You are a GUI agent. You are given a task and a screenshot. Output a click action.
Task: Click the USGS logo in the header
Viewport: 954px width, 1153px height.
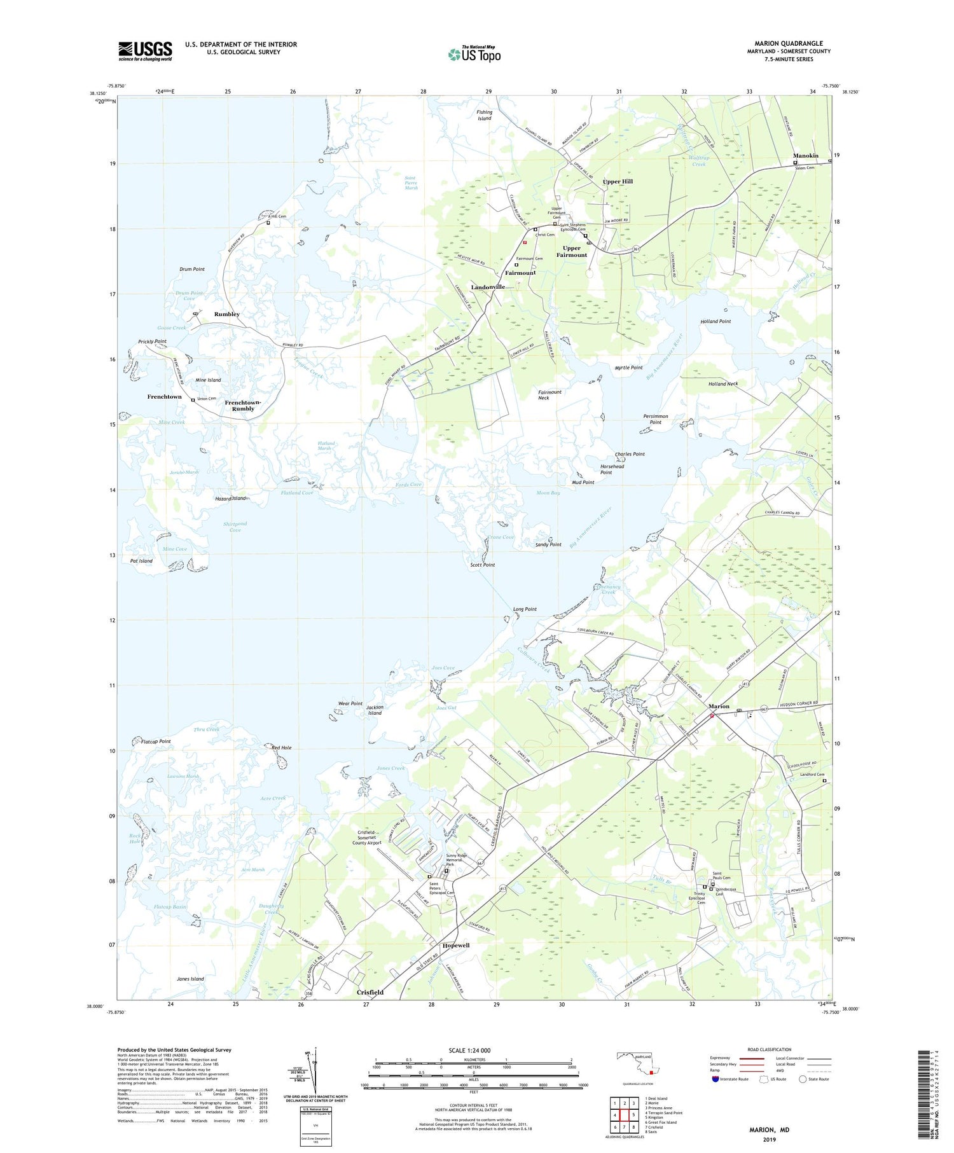point(145,51)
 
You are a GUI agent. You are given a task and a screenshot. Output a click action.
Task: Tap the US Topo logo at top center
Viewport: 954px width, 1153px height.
point(474,55)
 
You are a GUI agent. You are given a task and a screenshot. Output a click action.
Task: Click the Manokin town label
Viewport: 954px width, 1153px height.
point(805,156)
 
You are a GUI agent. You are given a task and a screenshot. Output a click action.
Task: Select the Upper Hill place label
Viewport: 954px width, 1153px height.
point(618,182)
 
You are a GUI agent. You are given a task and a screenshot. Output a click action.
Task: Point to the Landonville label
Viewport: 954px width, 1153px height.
point(488,287)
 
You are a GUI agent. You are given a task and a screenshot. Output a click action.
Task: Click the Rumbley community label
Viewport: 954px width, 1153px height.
point(227,314)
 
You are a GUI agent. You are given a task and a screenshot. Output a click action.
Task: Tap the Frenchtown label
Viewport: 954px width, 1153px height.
point(164,397)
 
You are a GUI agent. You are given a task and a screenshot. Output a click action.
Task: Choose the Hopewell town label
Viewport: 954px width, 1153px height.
point(455,945)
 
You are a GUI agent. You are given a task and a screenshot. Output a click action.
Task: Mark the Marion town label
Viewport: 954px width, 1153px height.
point(719,707)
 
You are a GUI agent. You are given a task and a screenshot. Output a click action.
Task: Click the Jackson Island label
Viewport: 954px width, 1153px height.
point(375,710)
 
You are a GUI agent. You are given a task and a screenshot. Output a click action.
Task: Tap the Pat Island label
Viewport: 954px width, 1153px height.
point(141,561)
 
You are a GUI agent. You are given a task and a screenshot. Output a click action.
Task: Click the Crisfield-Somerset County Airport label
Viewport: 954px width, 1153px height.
point(377,838)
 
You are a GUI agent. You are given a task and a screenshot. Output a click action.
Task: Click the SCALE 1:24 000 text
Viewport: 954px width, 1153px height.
point(473,1051)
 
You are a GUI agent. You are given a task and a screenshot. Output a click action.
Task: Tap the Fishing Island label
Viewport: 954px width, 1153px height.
point(485,115)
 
